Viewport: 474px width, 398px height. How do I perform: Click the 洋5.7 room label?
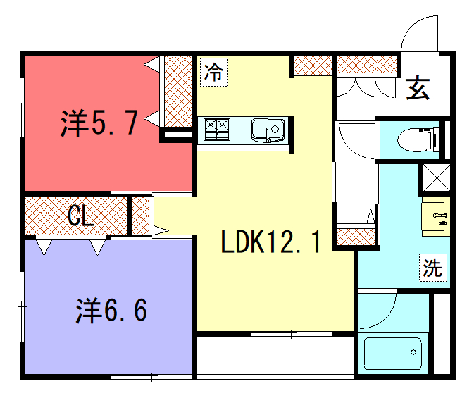(99, 123)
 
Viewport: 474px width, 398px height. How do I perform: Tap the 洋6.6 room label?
(111, 310)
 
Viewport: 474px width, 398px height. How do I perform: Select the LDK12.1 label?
(270, 242)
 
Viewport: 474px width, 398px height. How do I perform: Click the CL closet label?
(80, 215)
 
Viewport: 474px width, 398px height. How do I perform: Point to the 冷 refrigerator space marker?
(213, 72)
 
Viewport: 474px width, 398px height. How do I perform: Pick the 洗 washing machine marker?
(433, 268)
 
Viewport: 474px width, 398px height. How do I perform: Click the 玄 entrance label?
(418, 88)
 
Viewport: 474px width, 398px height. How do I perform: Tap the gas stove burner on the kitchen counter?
(217, 130)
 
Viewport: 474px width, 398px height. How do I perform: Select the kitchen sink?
(268, 130)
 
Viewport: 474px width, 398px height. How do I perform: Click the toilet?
(418, 139)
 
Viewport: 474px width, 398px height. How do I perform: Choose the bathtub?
(393, 354)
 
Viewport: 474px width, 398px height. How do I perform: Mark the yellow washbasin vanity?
(436, 216)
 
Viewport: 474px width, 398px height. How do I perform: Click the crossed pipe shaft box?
(437, 178)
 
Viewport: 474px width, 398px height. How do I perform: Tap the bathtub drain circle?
(413, 352)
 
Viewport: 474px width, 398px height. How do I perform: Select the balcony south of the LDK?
(275, 356)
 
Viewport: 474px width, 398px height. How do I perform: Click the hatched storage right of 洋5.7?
(177, 92)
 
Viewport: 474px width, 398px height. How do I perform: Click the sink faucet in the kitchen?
(268, 135)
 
